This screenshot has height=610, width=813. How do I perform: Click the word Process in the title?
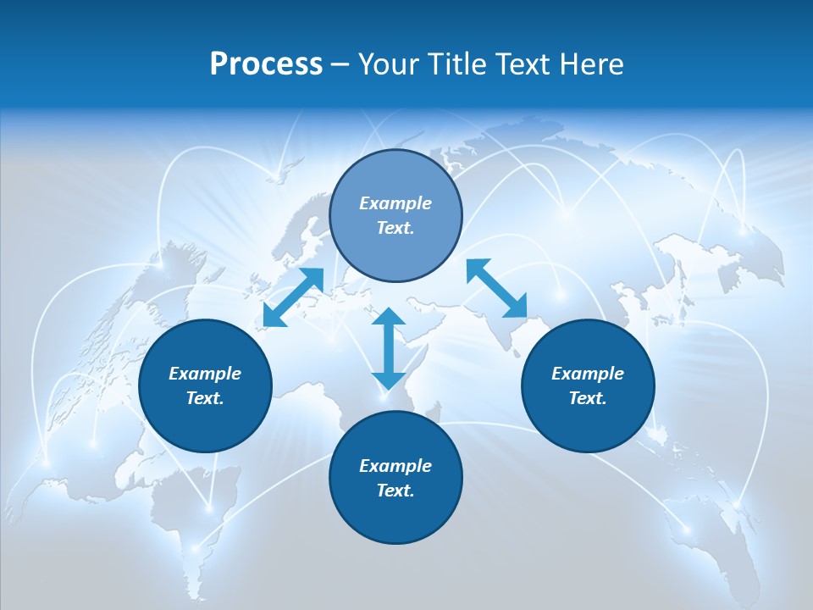point(266,64)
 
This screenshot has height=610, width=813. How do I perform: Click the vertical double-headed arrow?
point(389,347)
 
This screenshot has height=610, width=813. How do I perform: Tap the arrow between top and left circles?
point(293,297)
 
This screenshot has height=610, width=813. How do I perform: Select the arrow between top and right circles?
point(496,288)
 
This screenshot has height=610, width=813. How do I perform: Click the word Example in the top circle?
point(395,203)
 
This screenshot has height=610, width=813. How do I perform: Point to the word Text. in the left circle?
point(205,398)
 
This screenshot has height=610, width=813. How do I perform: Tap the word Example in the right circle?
point(588,374)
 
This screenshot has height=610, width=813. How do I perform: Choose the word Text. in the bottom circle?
point(395,491)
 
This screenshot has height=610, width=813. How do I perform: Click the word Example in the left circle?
point(205,374)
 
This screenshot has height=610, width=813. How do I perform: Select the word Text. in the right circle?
point(588,398)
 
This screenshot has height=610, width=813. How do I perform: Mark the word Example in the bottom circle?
point(395,466)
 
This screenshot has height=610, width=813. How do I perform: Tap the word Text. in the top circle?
point(395,228)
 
